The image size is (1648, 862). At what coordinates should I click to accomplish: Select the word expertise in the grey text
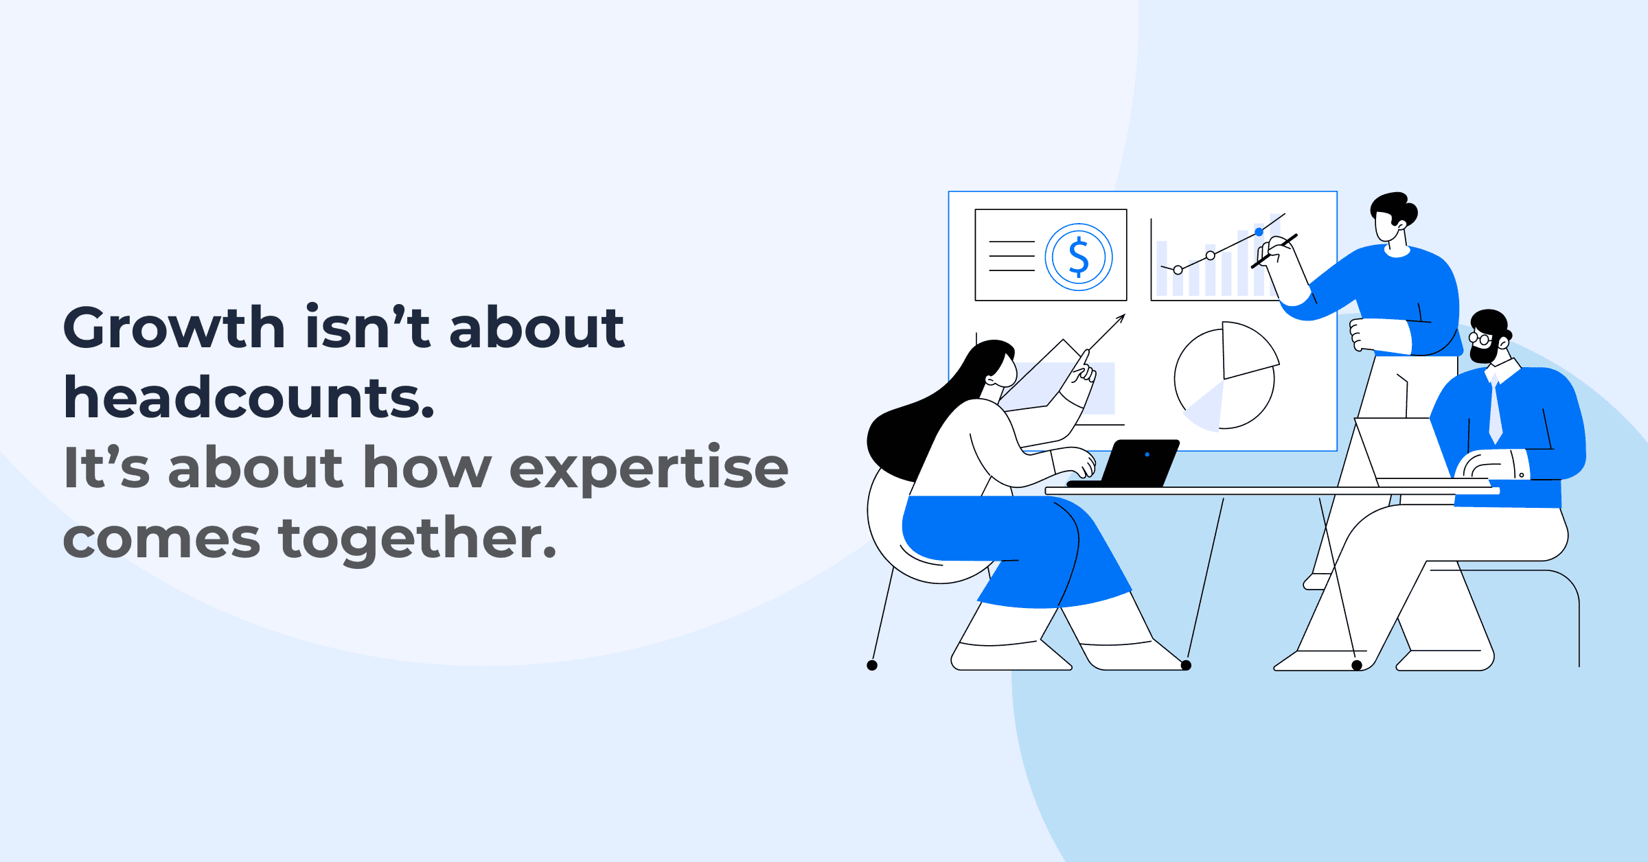(649, 468)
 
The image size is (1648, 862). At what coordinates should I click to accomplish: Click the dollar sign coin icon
(1079, 257)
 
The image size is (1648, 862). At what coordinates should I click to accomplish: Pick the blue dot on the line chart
(1259, 232)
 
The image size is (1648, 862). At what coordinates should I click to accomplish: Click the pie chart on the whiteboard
(1224, 376)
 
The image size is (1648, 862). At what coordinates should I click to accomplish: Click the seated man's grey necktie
(1495, 412)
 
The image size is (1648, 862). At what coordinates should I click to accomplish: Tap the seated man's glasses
(1479, 338)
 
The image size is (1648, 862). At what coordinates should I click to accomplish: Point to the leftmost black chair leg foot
(872, 665)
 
